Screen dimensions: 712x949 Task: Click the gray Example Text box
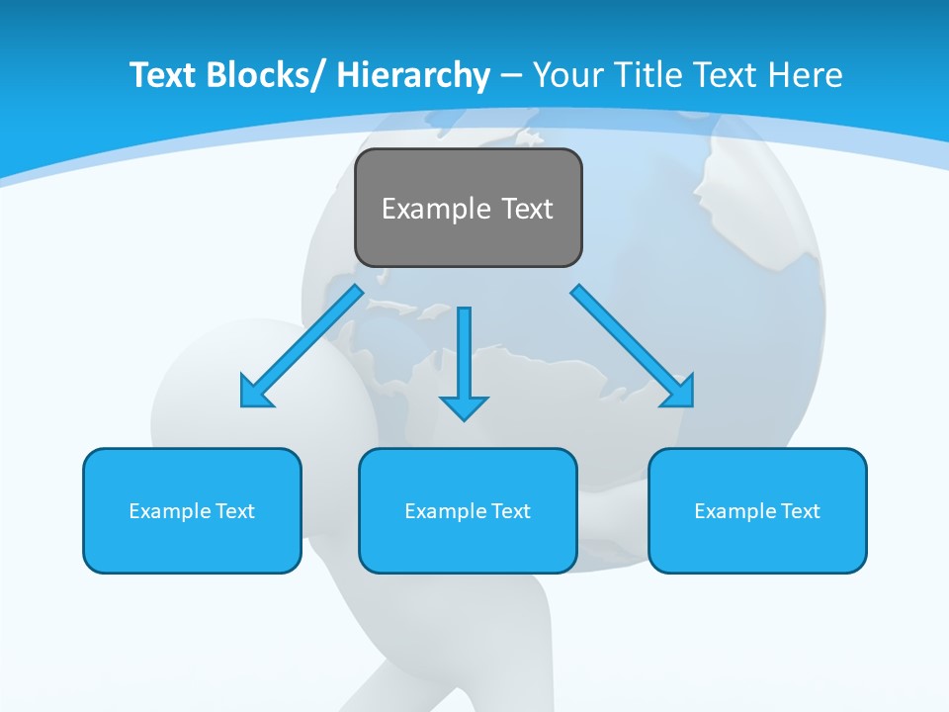(x=468, y=208)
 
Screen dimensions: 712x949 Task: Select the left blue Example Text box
(x=192, y=510)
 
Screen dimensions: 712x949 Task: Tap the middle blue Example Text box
(x=468, y=510)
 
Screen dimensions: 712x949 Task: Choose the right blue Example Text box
(x=757, y=510)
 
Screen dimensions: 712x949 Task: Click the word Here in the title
(x=805, y=75)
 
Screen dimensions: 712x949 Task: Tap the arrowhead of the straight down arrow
(x=465, y=407)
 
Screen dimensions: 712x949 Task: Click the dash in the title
(x=511, y=75)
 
